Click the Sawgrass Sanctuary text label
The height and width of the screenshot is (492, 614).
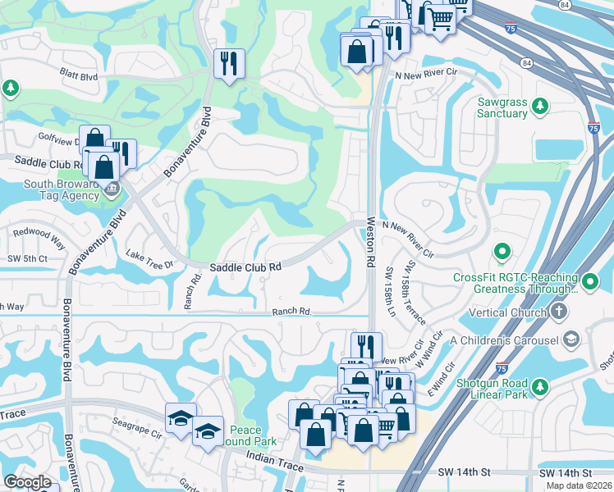[x=502, y=107]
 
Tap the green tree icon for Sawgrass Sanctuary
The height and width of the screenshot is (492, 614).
[x=540, y=106]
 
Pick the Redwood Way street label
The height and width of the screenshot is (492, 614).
[x=39, y=238]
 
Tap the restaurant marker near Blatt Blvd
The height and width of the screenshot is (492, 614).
[x=227, y=64]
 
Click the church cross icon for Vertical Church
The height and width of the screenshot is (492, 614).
[x=558, y=312]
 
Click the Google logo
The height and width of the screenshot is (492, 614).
[x=27, y=482]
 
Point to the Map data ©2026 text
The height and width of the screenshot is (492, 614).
[x=577, y=485]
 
